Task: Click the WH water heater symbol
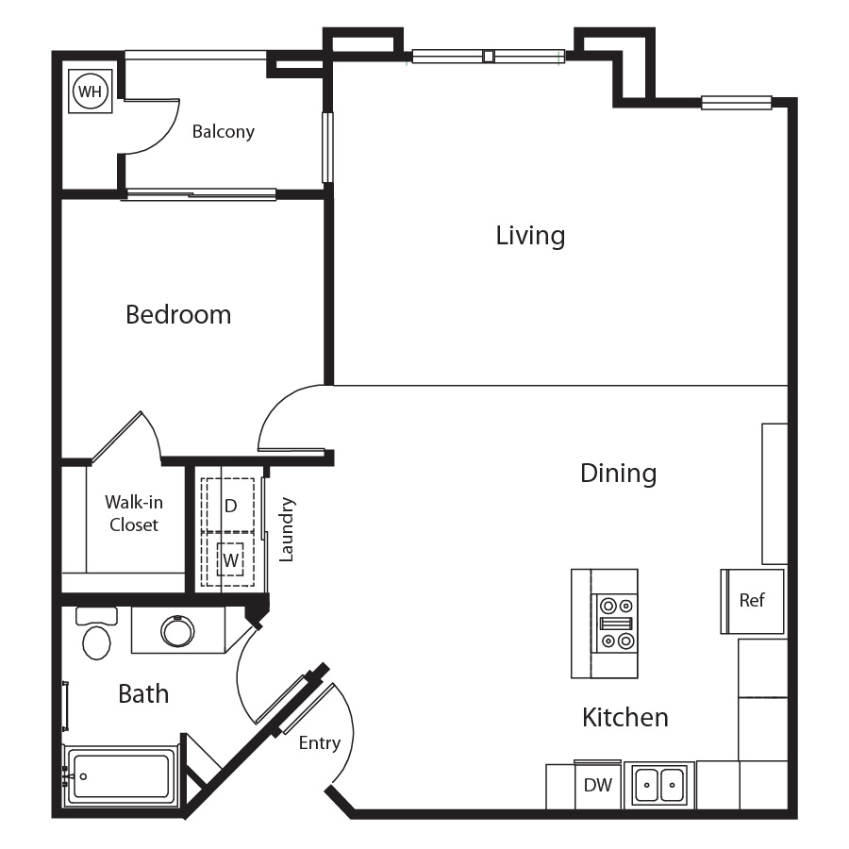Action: [91, 91]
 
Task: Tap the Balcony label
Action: [223, 131]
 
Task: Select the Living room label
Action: [530, 236]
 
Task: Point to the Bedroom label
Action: [178, 314]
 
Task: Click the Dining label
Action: [618, 474]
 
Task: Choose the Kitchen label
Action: [625, 718]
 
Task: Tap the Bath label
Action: [143, 693]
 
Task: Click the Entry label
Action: [320, 743]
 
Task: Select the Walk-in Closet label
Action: [134, 513]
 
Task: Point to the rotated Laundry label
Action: [286, 529]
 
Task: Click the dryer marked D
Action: [227, 506]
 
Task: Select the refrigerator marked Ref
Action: [753, 601]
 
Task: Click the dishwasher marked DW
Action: [598, 785]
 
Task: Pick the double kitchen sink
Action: [659, 785]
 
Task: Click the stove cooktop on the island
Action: [617, 624]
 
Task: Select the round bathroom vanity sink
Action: [177, 631]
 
